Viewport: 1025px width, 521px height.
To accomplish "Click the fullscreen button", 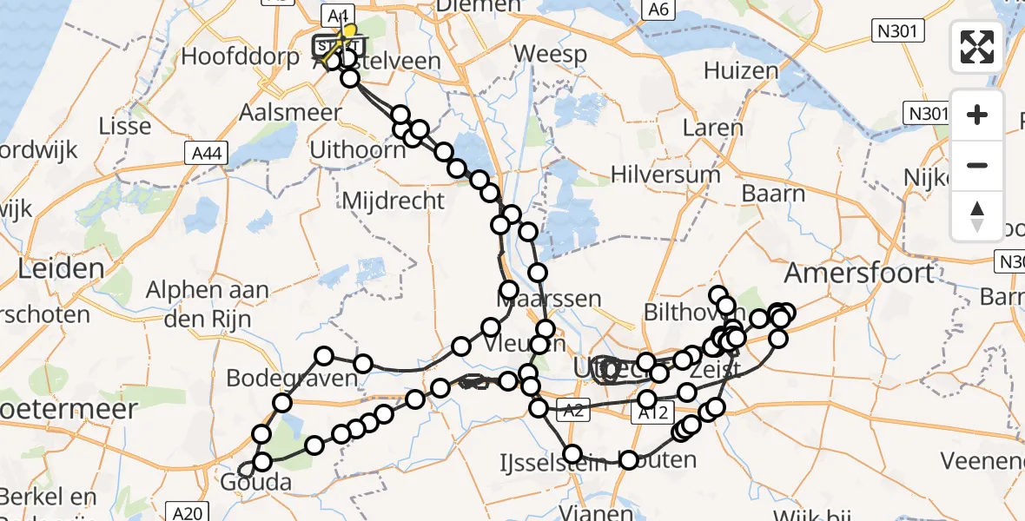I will click(x=977, y=47).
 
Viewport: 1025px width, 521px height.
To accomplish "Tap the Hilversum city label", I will click(x=665, y=174).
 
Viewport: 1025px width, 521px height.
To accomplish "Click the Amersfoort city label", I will click(x=858, y=274).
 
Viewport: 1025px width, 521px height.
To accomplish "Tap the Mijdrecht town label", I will click(x=393, y=201).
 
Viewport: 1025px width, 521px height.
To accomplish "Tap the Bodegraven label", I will click(x=292, y=379).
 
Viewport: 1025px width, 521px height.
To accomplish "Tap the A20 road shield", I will click(x=186, y=513).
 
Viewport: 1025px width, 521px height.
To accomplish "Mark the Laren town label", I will click(x=713, y=129).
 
